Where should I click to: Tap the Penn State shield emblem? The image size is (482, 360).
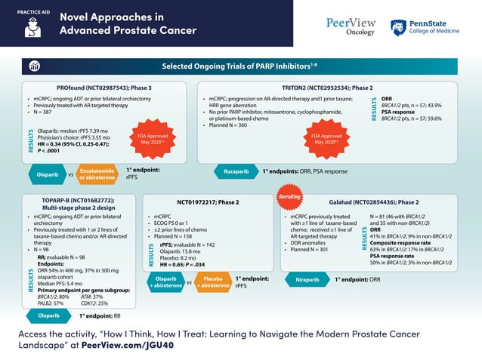(397, 27)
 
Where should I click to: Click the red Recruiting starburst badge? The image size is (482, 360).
(289, 193)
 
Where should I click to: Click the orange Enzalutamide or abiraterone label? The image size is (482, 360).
(97, 174)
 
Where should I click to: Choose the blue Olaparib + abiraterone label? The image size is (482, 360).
(163, 282)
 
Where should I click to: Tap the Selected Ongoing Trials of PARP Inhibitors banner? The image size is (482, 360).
(240, 66)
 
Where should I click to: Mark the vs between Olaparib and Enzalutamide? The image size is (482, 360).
(71, 174)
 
